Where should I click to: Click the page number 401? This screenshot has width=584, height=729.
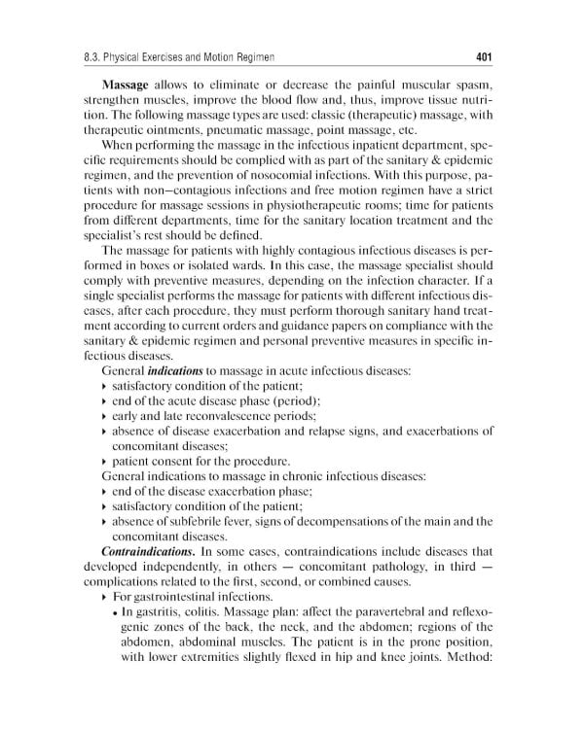pos(484,55)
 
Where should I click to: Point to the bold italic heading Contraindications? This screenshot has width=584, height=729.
pos(148,552)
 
